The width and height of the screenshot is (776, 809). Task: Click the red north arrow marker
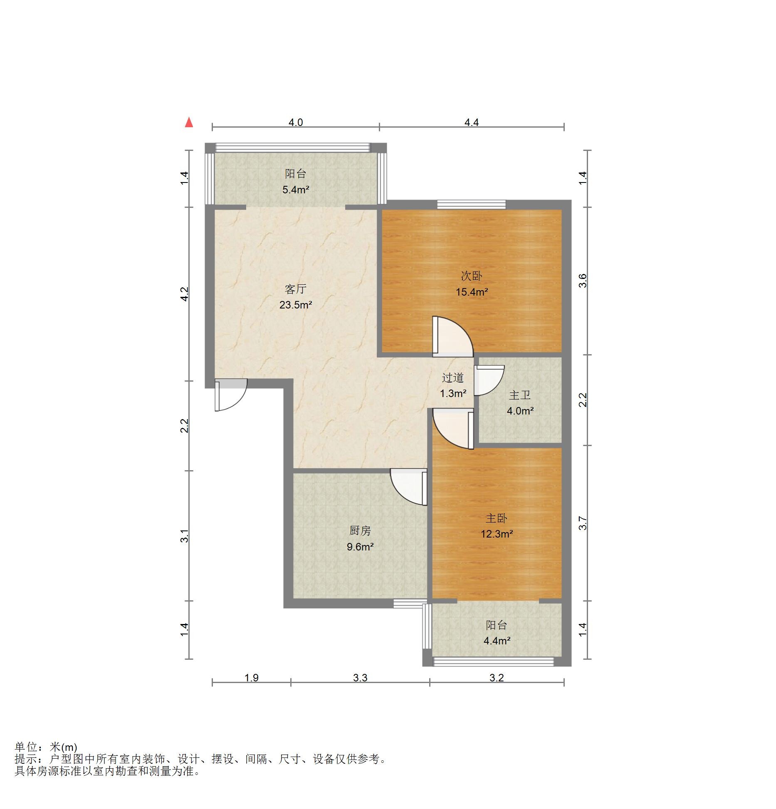click(189, 122)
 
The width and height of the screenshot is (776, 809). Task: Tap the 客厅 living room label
click(296, 289)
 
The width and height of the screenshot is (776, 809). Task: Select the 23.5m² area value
click(296, 305)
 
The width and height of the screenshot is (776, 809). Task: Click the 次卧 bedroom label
click(472, 276)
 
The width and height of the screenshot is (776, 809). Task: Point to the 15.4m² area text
click(472, 292)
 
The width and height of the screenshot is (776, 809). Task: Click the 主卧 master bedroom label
click(497, 518)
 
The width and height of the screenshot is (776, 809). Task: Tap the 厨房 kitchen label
click(360, 530)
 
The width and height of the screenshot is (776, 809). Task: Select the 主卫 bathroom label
click(520, 395)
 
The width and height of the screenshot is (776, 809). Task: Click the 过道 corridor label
click(453, 377)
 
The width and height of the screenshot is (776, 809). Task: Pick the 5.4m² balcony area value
click(296, 190)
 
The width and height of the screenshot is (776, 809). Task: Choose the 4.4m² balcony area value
click(497, 641)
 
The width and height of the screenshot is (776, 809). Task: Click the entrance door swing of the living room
click(231, 395)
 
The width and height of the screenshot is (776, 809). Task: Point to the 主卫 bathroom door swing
click(489, 380)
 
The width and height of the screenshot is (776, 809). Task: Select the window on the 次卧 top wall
click(471, 205)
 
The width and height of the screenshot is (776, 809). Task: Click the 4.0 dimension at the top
click(296, 123)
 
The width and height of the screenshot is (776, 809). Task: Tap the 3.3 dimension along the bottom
click(360, 678)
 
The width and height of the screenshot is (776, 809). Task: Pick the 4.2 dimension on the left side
click(185, 294)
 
